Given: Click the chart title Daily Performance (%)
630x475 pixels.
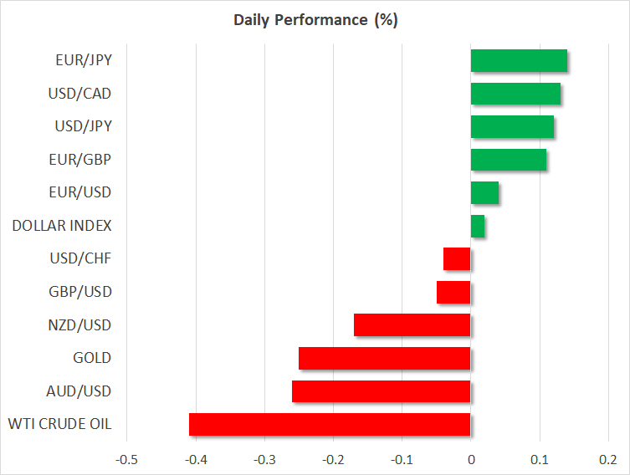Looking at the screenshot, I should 315,20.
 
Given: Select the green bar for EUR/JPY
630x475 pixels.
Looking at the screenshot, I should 519,61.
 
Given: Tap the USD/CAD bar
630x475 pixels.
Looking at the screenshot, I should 515,94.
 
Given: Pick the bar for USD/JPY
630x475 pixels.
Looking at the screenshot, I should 512,127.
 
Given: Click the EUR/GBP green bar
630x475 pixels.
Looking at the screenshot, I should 509,160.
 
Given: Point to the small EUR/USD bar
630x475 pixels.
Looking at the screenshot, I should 484,193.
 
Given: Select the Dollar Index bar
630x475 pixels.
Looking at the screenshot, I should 478,226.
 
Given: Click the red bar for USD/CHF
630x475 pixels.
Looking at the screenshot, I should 458,259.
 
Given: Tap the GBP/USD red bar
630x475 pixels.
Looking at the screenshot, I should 454,292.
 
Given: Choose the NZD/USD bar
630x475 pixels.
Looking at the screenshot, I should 412,325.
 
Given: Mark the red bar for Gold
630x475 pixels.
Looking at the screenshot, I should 385,358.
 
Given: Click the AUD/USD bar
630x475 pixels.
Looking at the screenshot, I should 382,391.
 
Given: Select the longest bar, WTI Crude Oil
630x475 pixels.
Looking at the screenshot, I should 330,424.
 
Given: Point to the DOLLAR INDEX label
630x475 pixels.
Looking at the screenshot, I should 62,226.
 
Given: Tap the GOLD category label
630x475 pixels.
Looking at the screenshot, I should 92,358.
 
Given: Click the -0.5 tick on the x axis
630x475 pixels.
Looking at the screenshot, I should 126,460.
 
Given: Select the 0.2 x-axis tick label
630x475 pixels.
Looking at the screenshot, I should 608,460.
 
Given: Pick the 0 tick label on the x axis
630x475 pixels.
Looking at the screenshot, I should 471,460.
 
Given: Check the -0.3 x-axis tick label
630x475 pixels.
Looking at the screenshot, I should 264,460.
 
